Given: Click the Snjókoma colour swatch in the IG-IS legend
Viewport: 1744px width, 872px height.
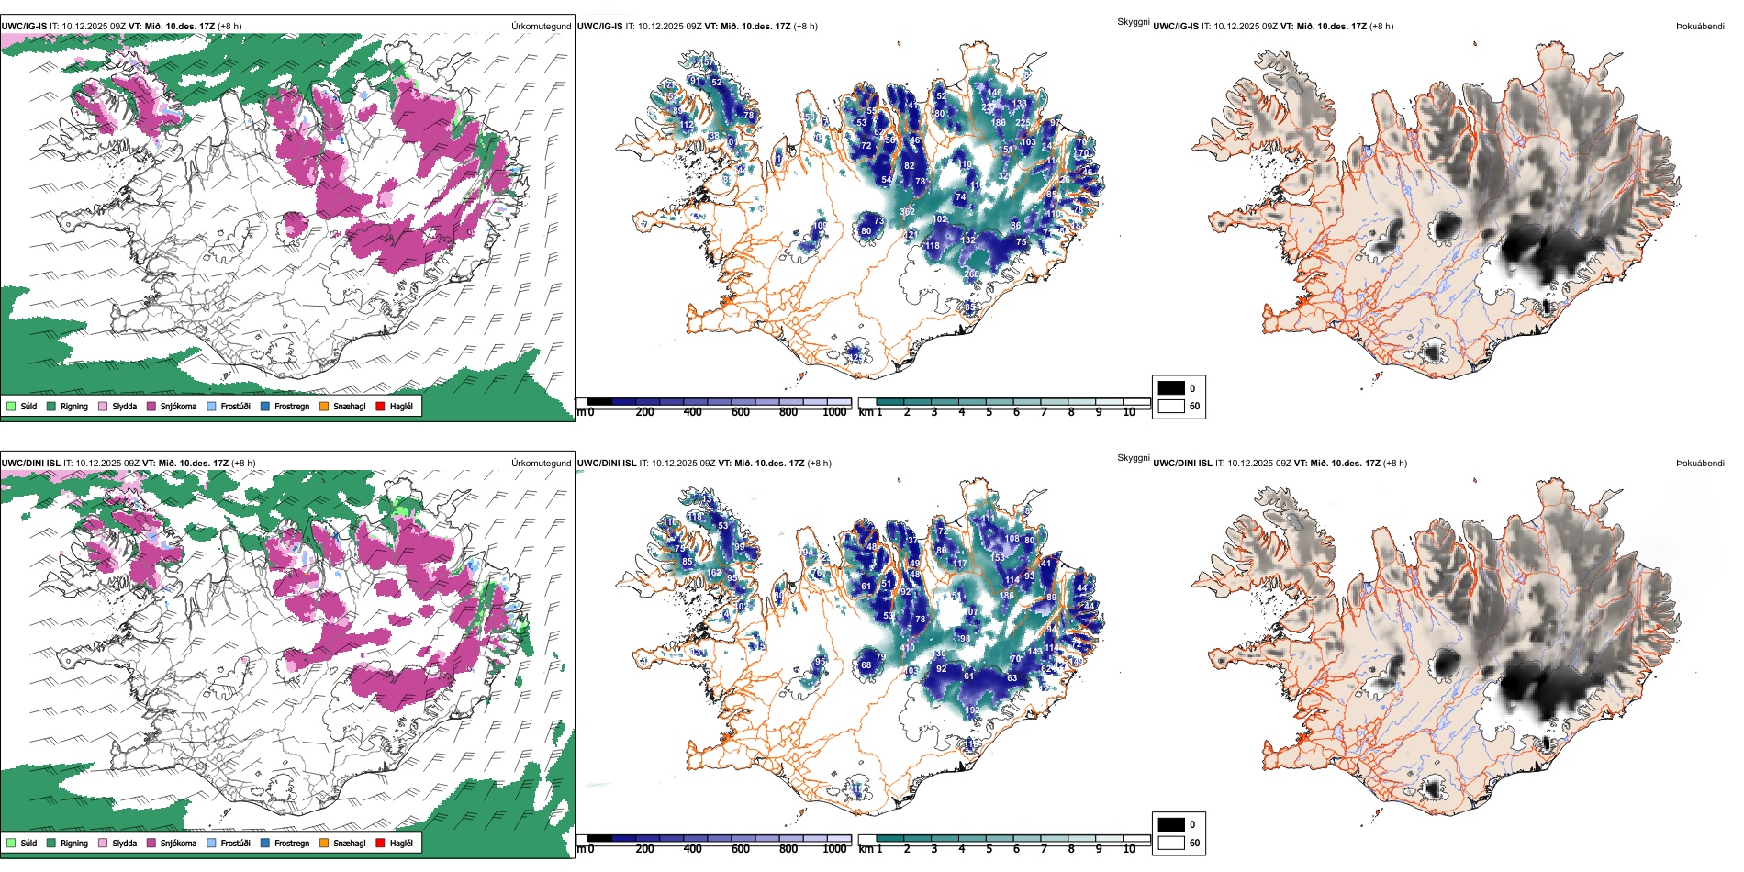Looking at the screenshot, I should [151, 406].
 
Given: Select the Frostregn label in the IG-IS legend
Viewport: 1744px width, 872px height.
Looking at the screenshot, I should [291, 406].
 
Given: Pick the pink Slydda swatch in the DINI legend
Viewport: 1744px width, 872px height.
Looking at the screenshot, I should [103, 843].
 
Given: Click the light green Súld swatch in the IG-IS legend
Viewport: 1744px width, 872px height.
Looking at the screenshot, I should [11, 406].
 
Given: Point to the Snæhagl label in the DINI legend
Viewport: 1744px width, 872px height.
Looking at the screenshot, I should [349, 843].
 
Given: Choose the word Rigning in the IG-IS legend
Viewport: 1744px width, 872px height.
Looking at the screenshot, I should [74, 406].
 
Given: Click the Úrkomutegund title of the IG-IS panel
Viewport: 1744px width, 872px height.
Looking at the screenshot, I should [541, 26].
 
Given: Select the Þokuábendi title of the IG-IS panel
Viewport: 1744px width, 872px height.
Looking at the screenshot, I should [1700, 26].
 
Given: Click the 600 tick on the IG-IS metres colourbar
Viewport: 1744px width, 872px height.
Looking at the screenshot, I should [741, 412].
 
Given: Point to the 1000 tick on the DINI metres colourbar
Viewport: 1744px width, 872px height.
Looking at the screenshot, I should [834, 849].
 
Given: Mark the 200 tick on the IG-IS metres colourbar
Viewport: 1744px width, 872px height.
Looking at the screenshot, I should [645, 412].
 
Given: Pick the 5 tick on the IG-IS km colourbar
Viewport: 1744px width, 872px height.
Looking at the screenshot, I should [989, 412].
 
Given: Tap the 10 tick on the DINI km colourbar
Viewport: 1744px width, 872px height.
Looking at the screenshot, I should [1129, 849].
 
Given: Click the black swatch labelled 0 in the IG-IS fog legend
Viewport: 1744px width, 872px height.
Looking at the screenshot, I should [1171, 388].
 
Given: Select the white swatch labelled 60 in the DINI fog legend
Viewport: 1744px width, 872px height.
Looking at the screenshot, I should [1171, 843].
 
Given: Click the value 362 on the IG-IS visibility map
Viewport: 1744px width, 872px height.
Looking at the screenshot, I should [907, 212].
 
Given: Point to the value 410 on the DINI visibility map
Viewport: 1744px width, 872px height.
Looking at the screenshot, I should [907, 648].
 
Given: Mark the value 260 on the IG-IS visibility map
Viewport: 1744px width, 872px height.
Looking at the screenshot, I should [971, 274].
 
